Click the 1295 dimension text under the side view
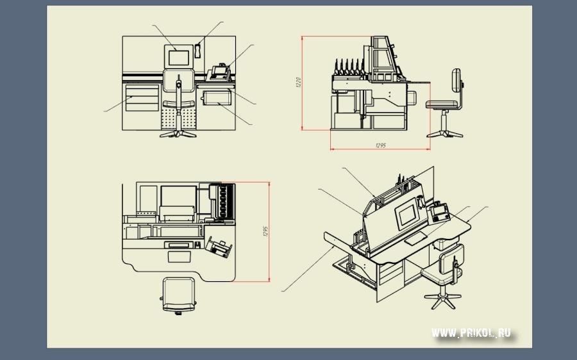coord(380,145)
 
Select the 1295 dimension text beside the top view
coord(264,232)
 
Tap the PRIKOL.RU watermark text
coord(471,332)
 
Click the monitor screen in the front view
coord(180,57)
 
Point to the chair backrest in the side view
coord(456,81)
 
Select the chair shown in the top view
coord(179,295)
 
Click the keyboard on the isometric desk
coord(415,238)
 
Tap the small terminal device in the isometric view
coord(439,211)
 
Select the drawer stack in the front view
coord(142,98)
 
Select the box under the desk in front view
coord(216,97)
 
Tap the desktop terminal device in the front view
coord(218,72)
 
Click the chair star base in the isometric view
coord(442,298)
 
